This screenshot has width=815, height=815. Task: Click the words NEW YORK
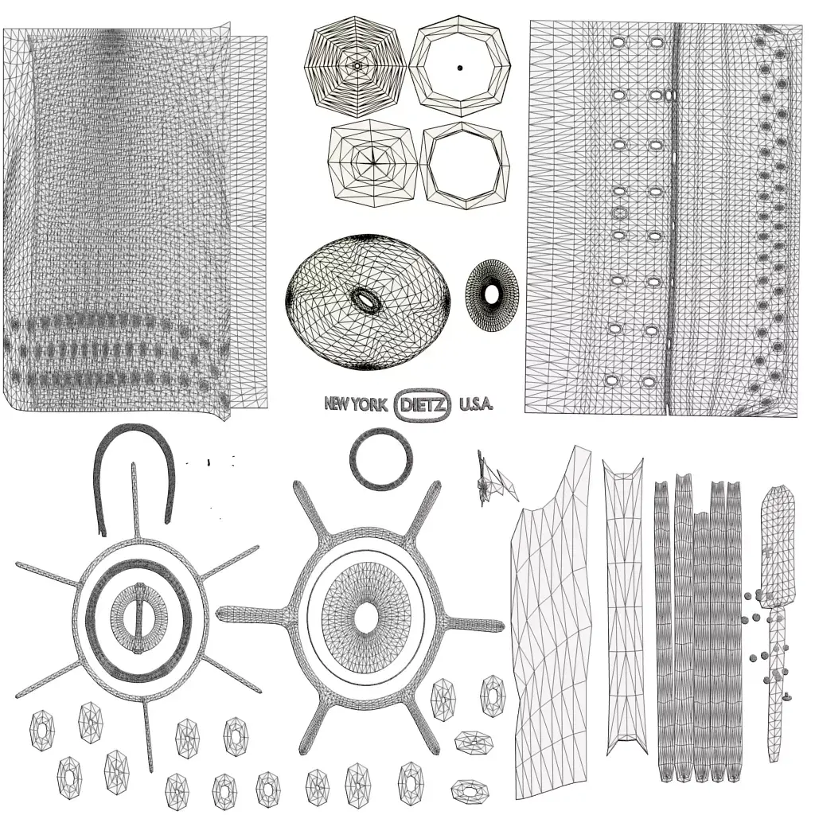pos(355,404)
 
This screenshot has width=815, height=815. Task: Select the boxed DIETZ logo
pos(423,404)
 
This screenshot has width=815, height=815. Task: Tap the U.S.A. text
pos(476,404)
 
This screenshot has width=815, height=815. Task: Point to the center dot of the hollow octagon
pos(460,68)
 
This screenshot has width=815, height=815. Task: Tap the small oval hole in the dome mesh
pos(366,299)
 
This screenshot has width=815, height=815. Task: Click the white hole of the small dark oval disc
pos(492,294)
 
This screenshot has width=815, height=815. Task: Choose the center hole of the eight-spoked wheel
pos(366,617)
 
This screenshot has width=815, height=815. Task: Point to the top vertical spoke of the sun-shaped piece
pos(135,497)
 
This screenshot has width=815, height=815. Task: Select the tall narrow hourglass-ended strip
pos(623,605)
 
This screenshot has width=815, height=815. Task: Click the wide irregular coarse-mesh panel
pos(553,629)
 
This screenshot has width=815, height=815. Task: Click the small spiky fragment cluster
pos(491,480)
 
